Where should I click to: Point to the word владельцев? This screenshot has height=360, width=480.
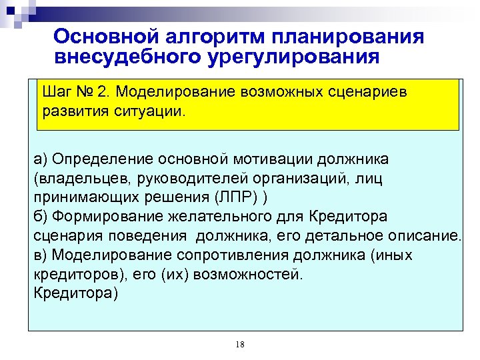79,178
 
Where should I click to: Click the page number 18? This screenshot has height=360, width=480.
240,344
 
